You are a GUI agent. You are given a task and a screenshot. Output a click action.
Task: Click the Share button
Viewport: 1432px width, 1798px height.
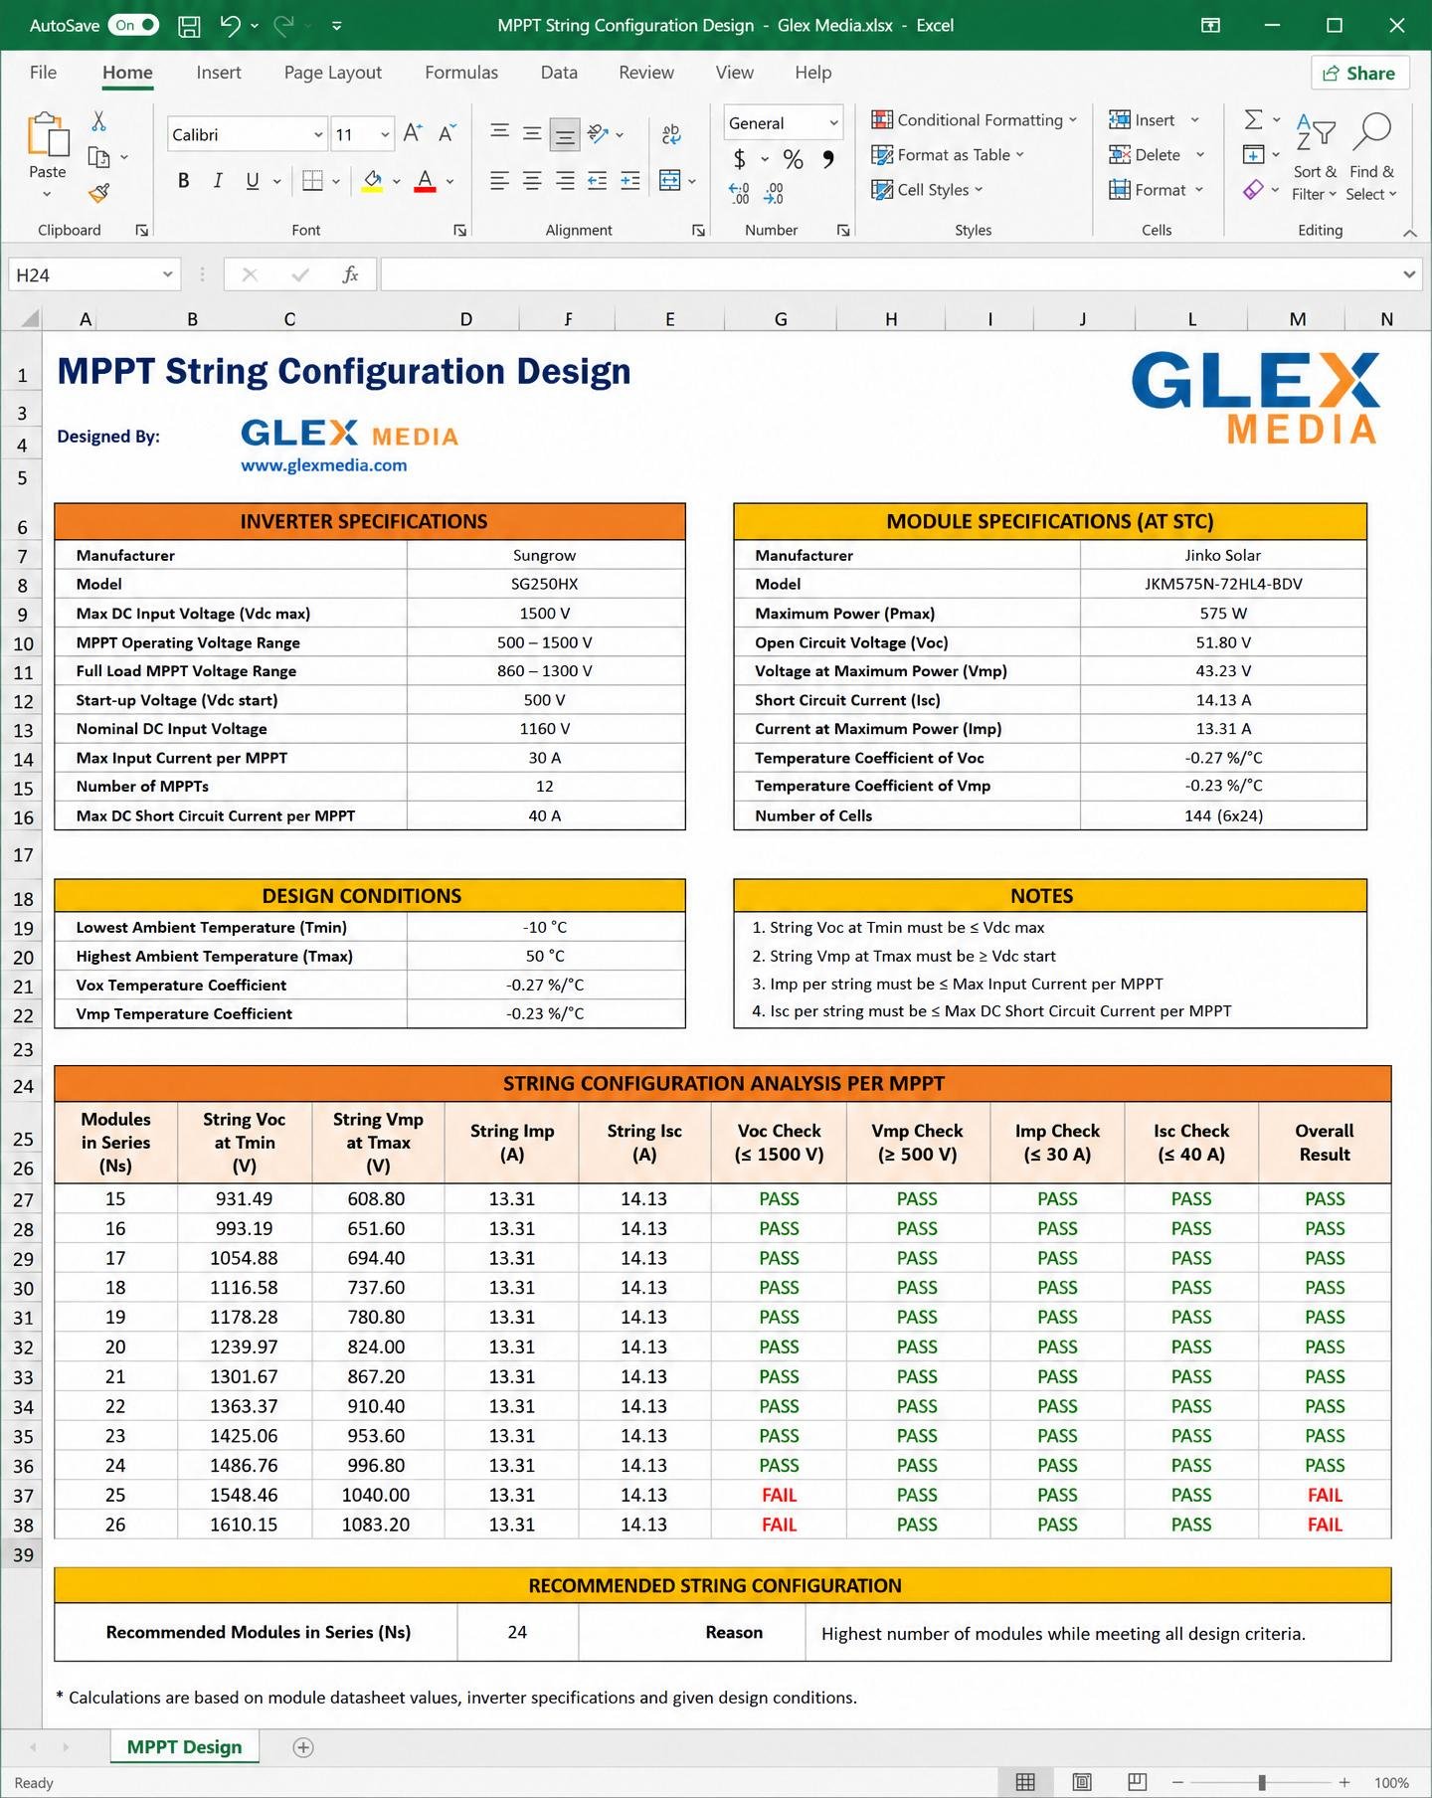1359,73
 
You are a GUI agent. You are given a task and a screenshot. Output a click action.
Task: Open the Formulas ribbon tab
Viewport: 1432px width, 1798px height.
461,73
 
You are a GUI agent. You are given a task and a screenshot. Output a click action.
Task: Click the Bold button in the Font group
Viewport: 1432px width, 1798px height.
183,180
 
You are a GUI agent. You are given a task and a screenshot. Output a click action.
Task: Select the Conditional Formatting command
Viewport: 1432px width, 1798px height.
974,120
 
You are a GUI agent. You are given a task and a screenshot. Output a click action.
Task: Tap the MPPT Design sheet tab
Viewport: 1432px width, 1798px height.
184,1747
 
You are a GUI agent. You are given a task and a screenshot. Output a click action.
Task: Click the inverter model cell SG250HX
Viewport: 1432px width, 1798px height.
545,584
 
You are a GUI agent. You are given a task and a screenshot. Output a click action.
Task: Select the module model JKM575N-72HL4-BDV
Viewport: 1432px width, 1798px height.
1223,584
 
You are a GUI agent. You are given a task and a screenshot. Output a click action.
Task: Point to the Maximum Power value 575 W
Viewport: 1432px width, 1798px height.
1223,614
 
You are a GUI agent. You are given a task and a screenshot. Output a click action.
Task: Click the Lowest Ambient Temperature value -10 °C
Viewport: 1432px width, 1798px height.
545,927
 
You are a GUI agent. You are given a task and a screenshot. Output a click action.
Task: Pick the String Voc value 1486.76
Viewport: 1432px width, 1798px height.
244,1465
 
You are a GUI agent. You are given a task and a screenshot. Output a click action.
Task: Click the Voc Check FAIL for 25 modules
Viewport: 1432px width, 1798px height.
779,1495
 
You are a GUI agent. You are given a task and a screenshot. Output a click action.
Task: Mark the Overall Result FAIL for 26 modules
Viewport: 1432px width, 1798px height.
1325,1525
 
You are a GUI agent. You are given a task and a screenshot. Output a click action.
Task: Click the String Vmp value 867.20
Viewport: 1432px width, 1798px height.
376,1376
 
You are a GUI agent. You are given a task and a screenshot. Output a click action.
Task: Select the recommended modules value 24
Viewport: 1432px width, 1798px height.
517,1632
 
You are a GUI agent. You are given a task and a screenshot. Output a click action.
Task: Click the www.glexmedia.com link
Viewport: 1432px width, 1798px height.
324,464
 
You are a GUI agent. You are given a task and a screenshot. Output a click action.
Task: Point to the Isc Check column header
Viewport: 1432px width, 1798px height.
1191,1143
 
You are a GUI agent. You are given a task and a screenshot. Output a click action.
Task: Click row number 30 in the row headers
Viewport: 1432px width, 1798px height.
23,1288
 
